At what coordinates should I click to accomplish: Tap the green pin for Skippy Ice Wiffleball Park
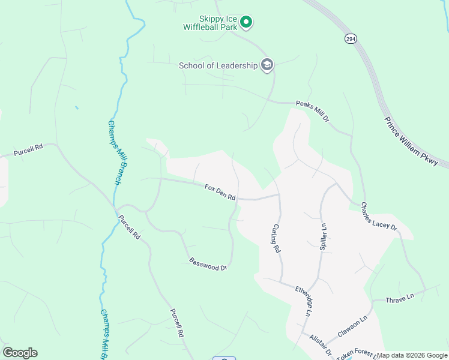(x=246, y=23)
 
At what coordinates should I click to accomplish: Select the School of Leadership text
(x=218, y=65)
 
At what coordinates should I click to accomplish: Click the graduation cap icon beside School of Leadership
(x=267, y=65)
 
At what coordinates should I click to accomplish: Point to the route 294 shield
(x=351, y=38)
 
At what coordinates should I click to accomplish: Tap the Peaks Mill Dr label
(x=313, y=111)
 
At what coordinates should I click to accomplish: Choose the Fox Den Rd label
(x=220, y=192)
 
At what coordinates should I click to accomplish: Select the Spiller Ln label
(x=323, y=237)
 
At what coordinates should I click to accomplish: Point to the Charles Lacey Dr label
(x=379, y=216)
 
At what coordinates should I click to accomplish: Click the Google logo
(x=20, y=353)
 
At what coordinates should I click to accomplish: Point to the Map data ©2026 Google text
(x=412, y=355)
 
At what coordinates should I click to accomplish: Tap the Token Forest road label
(x=356, y=354)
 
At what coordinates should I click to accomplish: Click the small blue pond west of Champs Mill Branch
(x=76, y=108)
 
